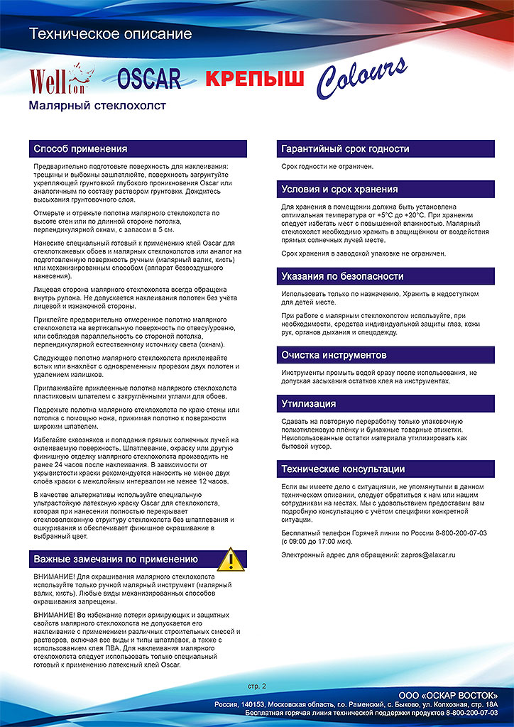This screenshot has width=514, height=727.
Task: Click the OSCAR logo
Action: pyautogui.click(x=148, y=79)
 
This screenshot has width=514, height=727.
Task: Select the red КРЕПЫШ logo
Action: pyautogui.click(x=254, y=78)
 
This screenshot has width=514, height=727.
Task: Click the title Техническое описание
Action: pyautogui.click(x=110, y=33)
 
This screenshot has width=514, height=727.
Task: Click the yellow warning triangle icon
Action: pyautogui.click(x=230, y=559)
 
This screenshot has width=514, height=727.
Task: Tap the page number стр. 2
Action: pyautogui.click(x=257, y=687)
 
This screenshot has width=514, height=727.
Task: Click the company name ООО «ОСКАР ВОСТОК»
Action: pyautogui.click(x=448, y=694)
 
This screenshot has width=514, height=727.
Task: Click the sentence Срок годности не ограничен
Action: pyautogui.click(x=327, y=167)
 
